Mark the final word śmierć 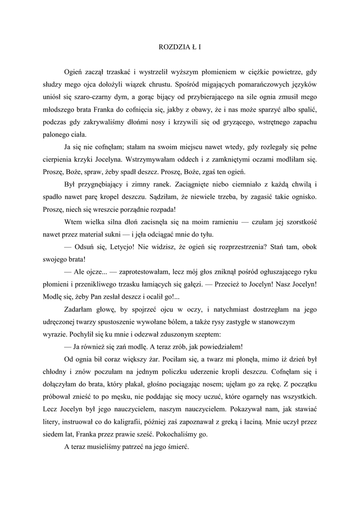click(186, 446)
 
